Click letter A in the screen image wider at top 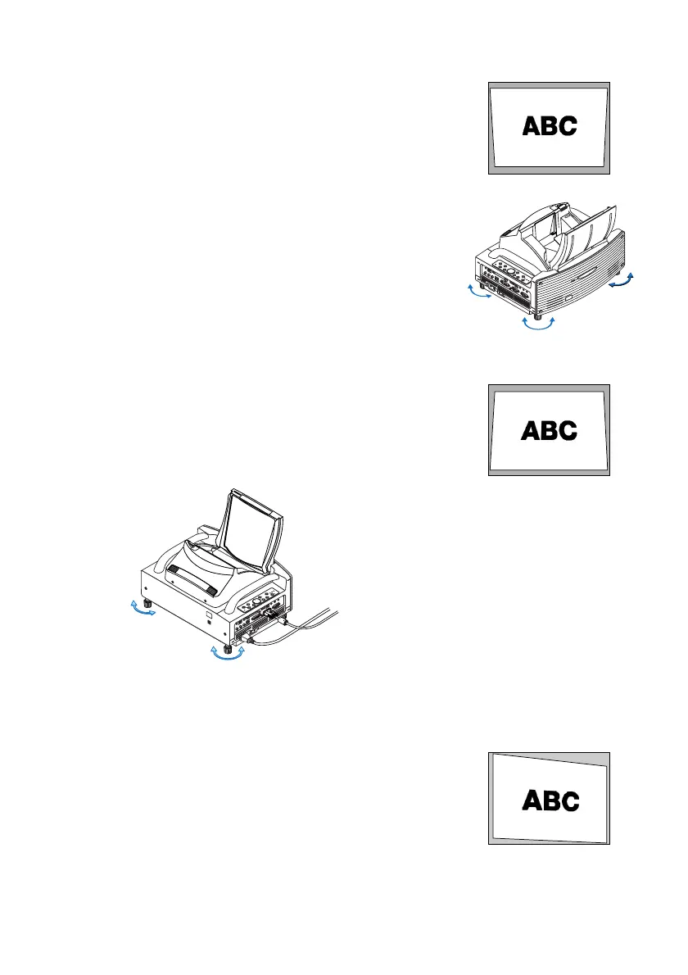532,125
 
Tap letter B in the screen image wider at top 550,125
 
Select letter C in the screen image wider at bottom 568,430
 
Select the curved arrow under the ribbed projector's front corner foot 538,324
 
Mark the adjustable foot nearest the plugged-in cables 227,642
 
